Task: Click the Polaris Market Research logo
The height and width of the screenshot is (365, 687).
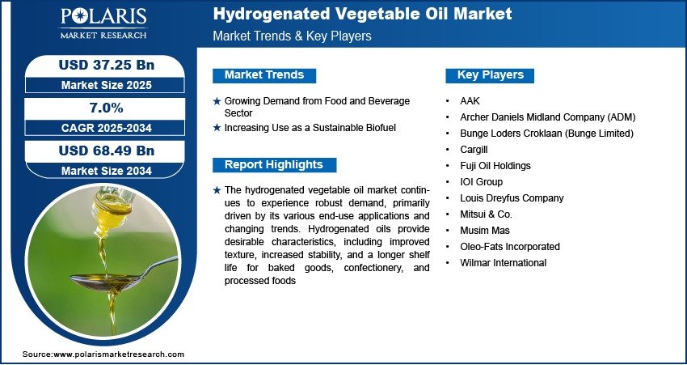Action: tap(103, 23)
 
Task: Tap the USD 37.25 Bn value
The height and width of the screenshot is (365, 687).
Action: tap(107, 66)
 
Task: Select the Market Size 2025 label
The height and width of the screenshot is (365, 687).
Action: tap(107, 85)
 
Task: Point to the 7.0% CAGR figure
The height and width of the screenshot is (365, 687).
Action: tap(107, 108)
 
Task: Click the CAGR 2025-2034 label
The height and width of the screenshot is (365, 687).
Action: tap(107, 128)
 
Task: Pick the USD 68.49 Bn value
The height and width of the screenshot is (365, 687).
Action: tap(107, 151)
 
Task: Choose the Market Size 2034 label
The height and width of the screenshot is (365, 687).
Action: tap(107, 171)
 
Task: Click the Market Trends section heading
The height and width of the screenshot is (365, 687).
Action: tap(264, 75)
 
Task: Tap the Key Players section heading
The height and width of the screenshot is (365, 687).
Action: tap(491, 75)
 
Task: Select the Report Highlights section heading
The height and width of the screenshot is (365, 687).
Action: tap(274, 165)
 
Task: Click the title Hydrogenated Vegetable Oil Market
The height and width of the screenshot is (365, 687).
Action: tap(362, 14)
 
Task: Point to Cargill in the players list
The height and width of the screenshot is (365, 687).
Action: tap(474, 150)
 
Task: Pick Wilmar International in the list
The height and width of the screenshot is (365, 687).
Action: tap(503, 263)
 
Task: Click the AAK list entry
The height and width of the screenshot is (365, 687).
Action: tap(470, 101)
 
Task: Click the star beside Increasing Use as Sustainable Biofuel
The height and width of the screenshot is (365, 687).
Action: tap(217, 128)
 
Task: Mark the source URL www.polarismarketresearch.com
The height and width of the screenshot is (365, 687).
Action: tap(119, 354)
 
